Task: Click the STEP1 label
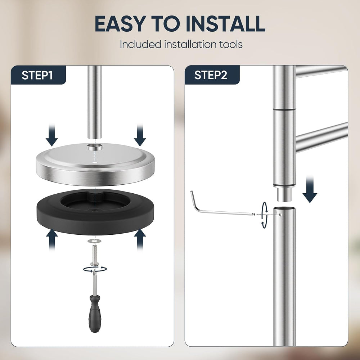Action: point(37,75)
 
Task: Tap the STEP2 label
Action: point(211,75)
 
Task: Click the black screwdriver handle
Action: point(95,314)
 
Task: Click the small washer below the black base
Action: point(94,240)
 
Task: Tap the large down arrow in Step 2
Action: point(310,189)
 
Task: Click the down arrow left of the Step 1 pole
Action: point(51,135)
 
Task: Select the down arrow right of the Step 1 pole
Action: point(140,135)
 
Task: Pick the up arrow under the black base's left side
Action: point(52,239)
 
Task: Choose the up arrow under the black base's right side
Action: point(140,239)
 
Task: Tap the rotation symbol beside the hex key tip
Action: point(265,215)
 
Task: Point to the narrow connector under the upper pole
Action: point(284,195)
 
